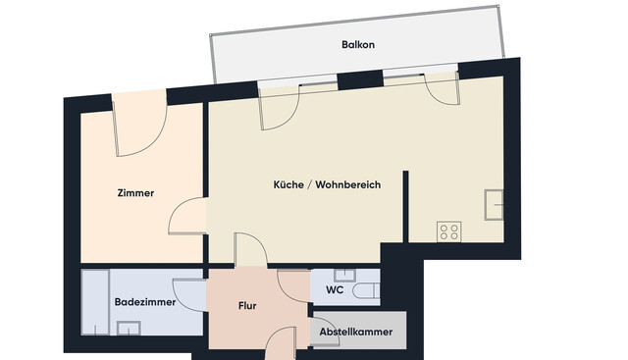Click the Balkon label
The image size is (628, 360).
tap(358, 45)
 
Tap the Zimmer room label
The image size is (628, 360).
tap(134, 193)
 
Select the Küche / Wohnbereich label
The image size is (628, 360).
tap(327, 184)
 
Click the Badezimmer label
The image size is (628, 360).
tap(144, 302)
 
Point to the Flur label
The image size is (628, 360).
tap(247, 306)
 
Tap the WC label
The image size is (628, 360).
tap(335, 291)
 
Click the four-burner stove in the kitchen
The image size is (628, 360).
tap(449, 231)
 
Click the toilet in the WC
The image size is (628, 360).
tap(363, 290)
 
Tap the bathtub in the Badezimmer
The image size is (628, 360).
tap(95, 302)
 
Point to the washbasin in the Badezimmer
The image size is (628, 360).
tap(128, 328)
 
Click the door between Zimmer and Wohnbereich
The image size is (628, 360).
tap(188, 215)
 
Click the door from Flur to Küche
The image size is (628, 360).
tap(249, 249)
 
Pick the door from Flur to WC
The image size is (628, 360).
tap(294, 285)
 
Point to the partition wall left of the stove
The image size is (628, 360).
tap(404, 206)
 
